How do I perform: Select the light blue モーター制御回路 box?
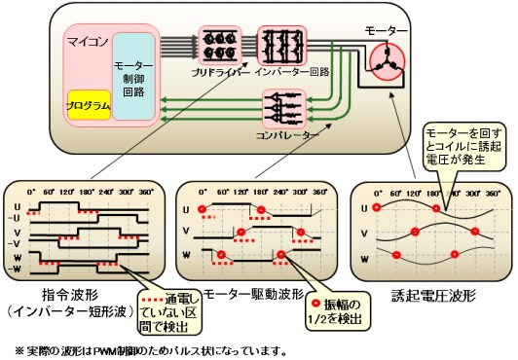[x=132, y=75]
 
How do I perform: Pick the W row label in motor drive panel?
[x=187, y=258]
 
